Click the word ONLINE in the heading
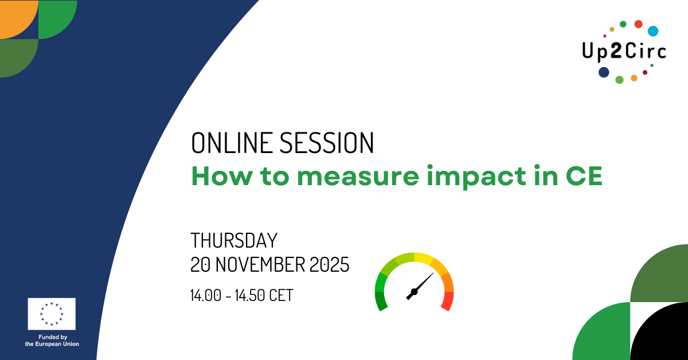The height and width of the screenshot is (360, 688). [x=232, y=143]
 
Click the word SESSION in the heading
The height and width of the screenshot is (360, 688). [x=327, y=143]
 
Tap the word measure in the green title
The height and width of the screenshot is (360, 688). [x=358, y=177]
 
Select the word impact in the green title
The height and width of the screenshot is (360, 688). [x=476, y=177]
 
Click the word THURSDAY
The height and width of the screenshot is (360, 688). [x=234, y=241]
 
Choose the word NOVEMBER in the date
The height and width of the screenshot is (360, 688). [x=260, y=264]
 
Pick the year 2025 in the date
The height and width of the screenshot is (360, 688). [x=329, y=264]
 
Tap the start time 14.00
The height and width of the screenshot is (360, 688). [x=205, y=295]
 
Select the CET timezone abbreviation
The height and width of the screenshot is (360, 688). [x=282, y=295]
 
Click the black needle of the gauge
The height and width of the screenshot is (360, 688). [x=419, y=287]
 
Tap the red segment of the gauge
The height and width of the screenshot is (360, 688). [x=448, y=301]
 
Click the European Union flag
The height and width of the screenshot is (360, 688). [x=52, y=314]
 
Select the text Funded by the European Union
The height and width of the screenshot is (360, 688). [x=52, y=341]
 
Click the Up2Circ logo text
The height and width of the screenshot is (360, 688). [x=624, y=51]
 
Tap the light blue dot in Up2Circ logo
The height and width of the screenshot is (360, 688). [x=653, y=31]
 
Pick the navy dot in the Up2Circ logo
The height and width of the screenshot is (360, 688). [x=604, y=72]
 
